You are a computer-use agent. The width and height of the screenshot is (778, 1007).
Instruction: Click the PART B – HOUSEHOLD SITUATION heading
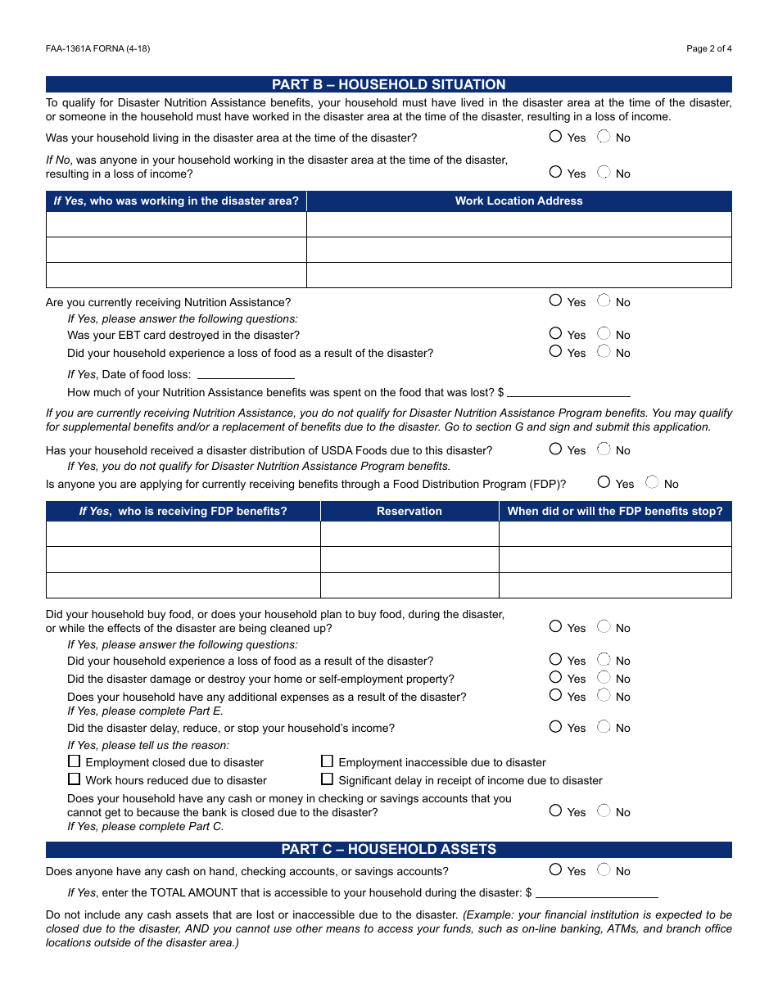(x=388, y=84)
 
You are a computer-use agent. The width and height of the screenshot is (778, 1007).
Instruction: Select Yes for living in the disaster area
(x=556, y=137)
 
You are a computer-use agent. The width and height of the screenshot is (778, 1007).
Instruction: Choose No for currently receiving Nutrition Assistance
(x=604, y=300)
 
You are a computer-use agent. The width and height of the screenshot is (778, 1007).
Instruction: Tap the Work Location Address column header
(x=518, y=201)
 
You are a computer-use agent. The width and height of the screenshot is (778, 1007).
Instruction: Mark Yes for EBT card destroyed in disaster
(x=556, y=333)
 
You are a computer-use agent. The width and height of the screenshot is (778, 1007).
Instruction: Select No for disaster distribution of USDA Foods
(x=604, y=449)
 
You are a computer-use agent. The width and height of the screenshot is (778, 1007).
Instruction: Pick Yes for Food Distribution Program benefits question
(x=604, y=482)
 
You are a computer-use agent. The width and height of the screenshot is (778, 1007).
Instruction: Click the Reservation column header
(x=409, y=511)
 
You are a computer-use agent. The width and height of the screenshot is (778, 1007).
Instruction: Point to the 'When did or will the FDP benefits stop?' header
(x=614, y=511)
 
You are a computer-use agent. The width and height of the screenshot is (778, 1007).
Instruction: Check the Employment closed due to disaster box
(x=75, y=761)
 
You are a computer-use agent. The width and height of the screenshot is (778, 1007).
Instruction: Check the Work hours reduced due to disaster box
(x=75, y=779)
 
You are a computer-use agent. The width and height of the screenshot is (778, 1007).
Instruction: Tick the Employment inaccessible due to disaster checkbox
(x=328, y=761)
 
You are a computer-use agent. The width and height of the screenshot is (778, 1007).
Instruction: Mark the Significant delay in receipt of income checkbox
(x=328, y=779)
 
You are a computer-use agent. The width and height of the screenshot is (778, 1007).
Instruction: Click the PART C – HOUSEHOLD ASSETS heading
(x=388, y=849)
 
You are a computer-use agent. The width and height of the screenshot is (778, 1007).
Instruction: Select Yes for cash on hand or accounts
(x=556, y=870)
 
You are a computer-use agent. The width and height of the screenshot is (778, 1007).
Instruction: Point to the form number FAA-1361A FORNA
(x=97, y=48)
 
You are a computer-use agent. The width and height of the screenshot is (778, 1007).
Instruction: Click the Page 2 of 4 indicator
(x=708, y=48)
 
